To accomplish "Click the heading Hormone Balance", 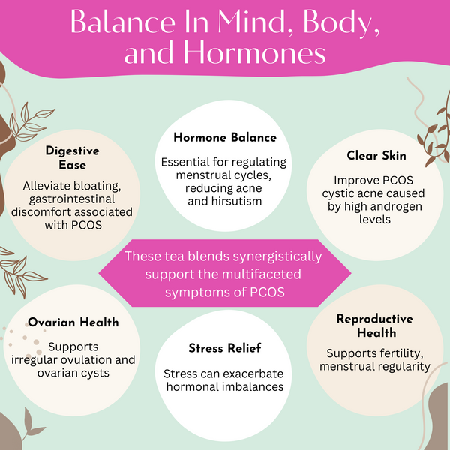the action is (225, 137).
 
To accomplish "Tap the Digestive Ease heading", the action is (72, 157).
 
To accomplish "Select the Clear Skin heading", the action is (376, 155).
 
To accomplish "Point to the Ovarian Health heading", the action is (73, 322).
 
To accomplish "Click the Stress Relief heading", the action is (225, 348).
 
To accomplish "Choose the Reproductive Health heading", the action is (375, 325).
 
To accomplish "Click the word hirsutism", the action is (237, 201).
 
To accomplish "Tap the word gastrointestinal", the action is (72, 199).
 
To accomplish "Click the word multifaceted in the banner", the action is (262, 274).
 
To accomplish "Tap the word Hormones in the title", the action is (254, 53).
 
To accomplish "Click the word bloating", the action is (97, 187).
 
